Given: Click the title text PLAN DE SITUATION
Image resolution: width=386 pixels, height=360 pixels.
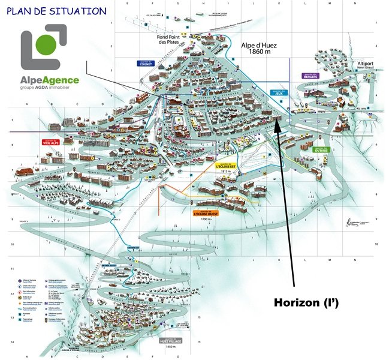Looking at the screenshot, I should click(x=58, y=11).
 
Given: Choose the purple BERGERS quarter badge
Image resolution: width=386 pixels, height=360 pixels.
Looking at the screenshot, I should click(x=310, y=76).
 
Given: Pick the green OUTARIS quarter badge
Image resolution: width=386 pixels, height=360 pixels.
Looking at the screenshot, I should click(x=321, y=150).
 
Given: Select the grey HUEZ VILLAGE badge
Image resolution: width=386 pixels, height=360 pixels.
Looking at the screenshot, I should click(x=170, y=340).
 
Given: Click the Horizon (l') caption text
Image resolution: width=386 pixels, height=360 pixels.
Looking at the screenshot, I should click(x=306, y=303).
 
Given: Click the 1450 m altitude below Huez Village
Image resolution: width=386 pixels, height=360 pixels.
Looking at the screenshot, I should click(x=171, y=347).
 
